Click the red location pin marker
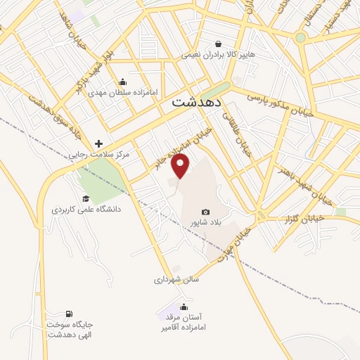pyautogui.click(x=181, y=166)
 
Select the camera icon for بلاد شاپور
pyautogui.click(x=205, y=212)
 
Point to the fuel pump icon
pyautogui.click(x=69, y=314)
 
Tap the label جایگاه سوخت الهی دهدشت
pyautogui.click(x=70, y=329)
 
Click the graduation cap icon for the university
pyautogui.click(x=86, y=199)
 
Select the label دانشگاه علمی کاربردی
pyautogui.click(x=86, y=210)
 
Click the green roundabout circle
pyautogui.click(x=301, y=37)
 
